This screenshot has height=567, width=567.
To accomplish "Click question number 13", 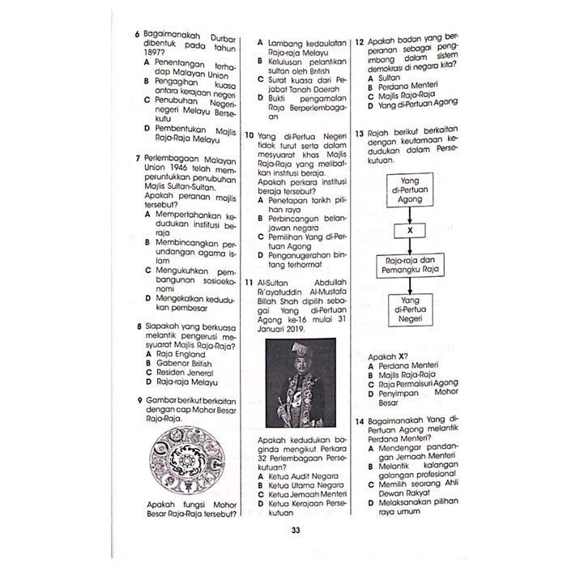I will (x=360, y=133).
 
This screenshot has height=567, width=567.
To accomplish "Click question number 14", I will (x=360, y=422).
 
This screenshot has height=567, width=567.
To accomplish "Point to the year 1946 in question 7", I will (x=180, y=168).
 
